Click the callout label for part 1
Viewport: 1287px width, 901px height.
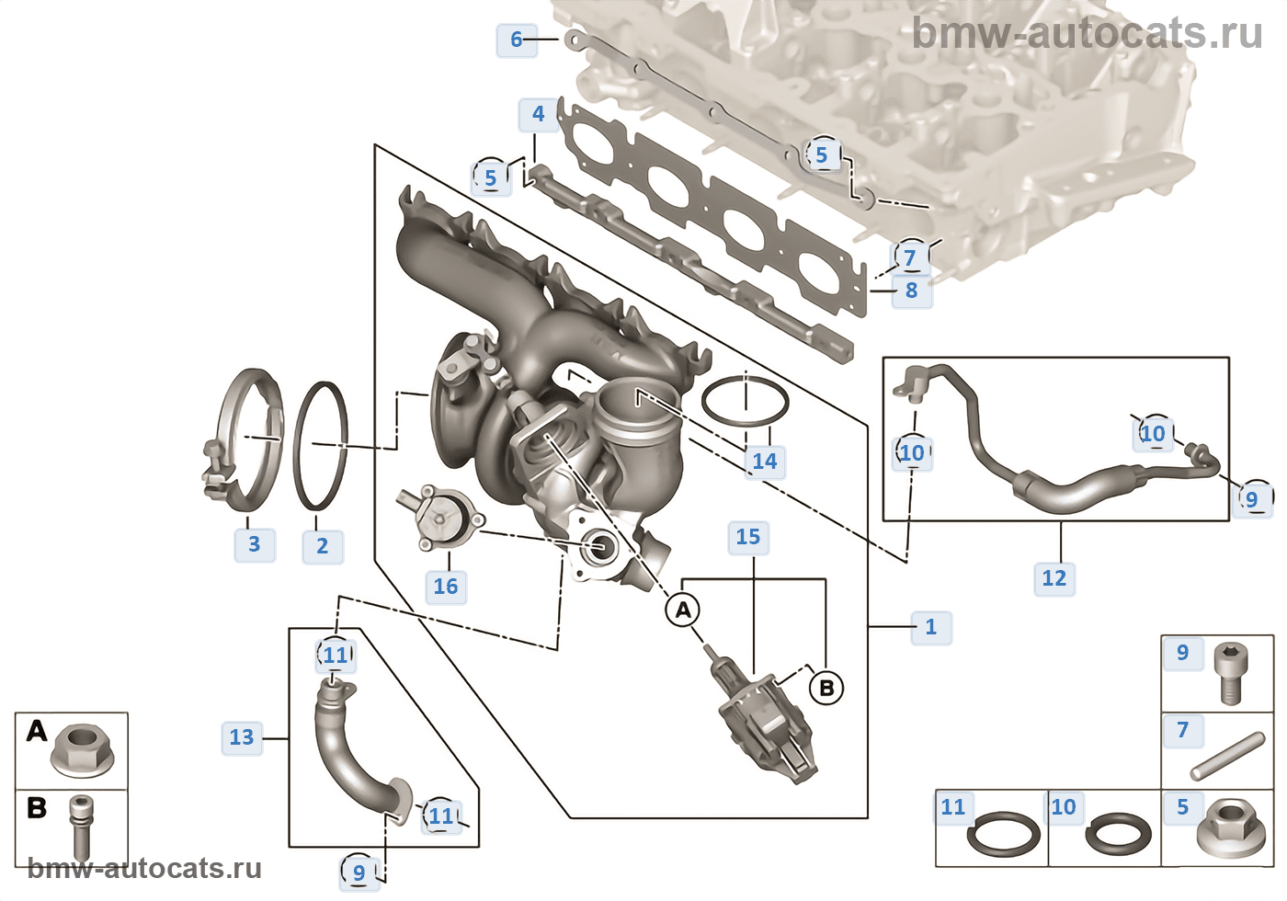(931, 627)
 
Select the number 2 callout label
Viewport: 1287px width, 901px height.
(323, 546)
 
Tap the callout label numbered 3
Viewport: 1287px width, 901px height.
(255, 543)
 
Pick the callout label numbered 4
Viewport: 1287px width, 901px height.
(539, 114)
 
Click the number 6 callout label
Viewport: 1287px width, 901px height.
(517, 40)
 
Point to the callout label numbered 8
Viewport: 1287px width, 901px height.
(912, 291)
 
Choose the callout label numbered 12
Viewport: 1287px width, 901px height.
(1054, 578)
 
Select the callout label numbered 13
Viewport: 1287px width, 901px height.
(242, 737)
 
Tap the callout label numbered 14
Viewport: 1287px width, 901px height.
(765, 462)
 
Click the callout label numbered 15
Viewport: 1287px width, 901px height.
(748, 537)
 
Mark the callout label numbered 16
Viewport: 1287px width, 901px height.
(446, 587)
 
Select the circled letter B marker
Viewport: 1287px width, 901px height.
(826, 688)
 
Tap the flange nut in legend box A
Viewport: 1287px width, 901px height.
(83, 751)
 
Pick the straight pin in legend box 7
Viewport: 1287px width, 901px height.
(1228, 756)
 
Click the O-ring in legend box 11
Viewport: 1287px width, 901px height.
(1003, 834)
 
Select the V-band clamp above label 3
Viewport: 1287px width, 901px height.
(245, 440)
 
